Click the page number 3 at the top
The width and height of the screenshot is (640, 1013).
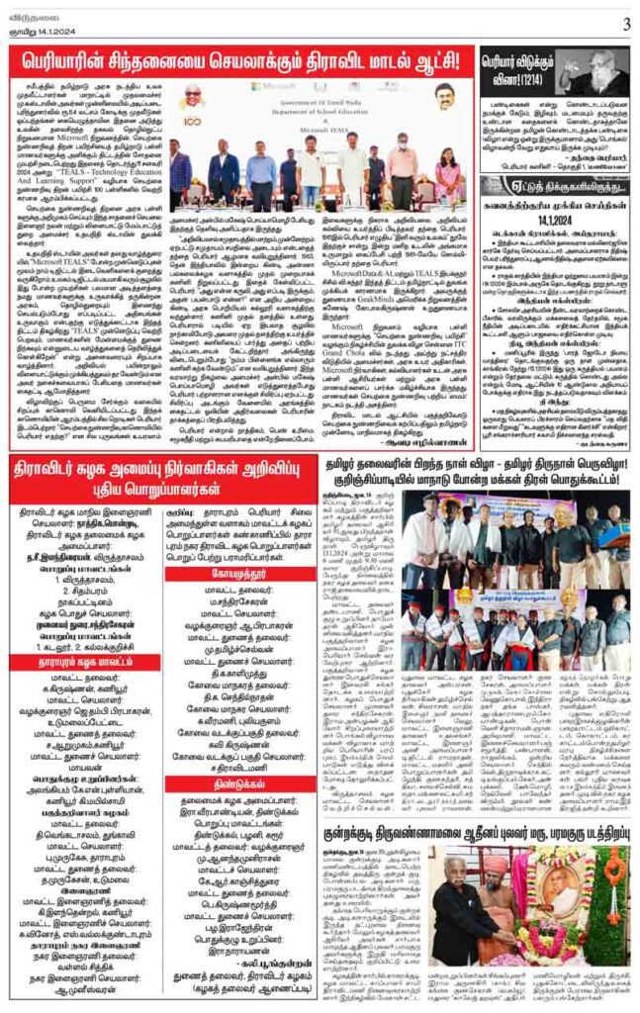626,23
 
